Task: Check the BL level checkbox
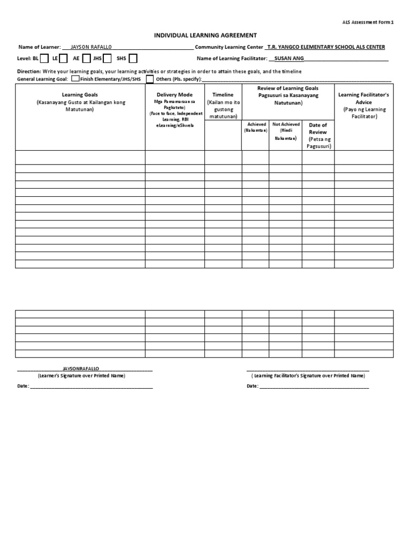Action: [x=44, y=58]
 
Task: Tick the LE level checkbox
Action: [x=63, y=58]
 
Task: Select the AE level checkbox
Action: [x=86, y=58]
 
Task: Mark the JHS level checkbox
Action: [x=108, y=58]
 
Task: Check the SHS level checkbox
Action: [x=133, y=58]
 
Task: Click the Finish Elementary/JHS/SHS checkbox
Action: [x=75, y=79]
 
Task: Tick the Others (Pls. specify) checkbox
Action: [x=150, y=79]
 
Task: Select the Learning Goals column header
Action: [x=80, y=94]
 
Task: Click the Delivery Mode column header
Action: [x=174, y=94]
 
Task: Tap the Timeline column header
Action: [x=223, y=94]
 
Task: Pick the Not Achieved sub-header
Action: [x=285, y=124]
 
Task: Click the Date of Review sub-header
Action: [x=318, y=128]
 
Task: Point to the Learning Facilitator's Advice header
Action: [x=364, y=98]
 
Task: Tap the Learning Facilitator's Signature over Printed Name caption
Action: [x=308, y=376]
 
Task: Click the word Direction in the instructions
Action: [x=28, y=71]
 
